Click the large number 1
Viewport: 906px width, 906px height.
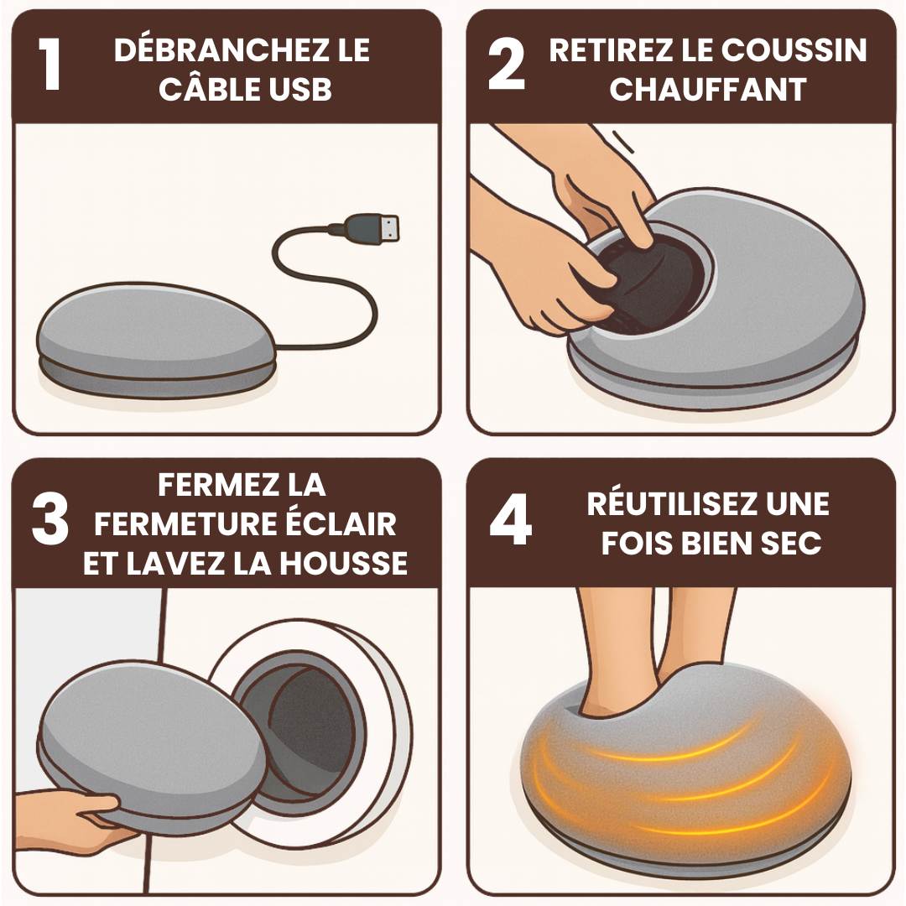[x=50, y=64]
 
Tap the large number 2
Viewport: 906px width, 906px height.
[x=506, y=64]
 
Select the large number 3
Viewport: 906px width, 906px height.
[x=50, y=519]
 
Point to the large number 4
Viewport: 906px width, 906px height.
[x=510, y=519]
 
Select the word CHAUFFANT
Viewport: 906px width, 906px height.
[x=708, y=89]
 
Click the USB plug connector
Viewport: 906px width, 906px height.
[x=372, y=227]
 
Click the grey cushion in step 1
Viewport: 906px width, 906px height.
[x=156, y=340]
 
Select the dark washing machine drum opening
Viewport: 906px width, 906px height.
[x=311, y=732]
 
